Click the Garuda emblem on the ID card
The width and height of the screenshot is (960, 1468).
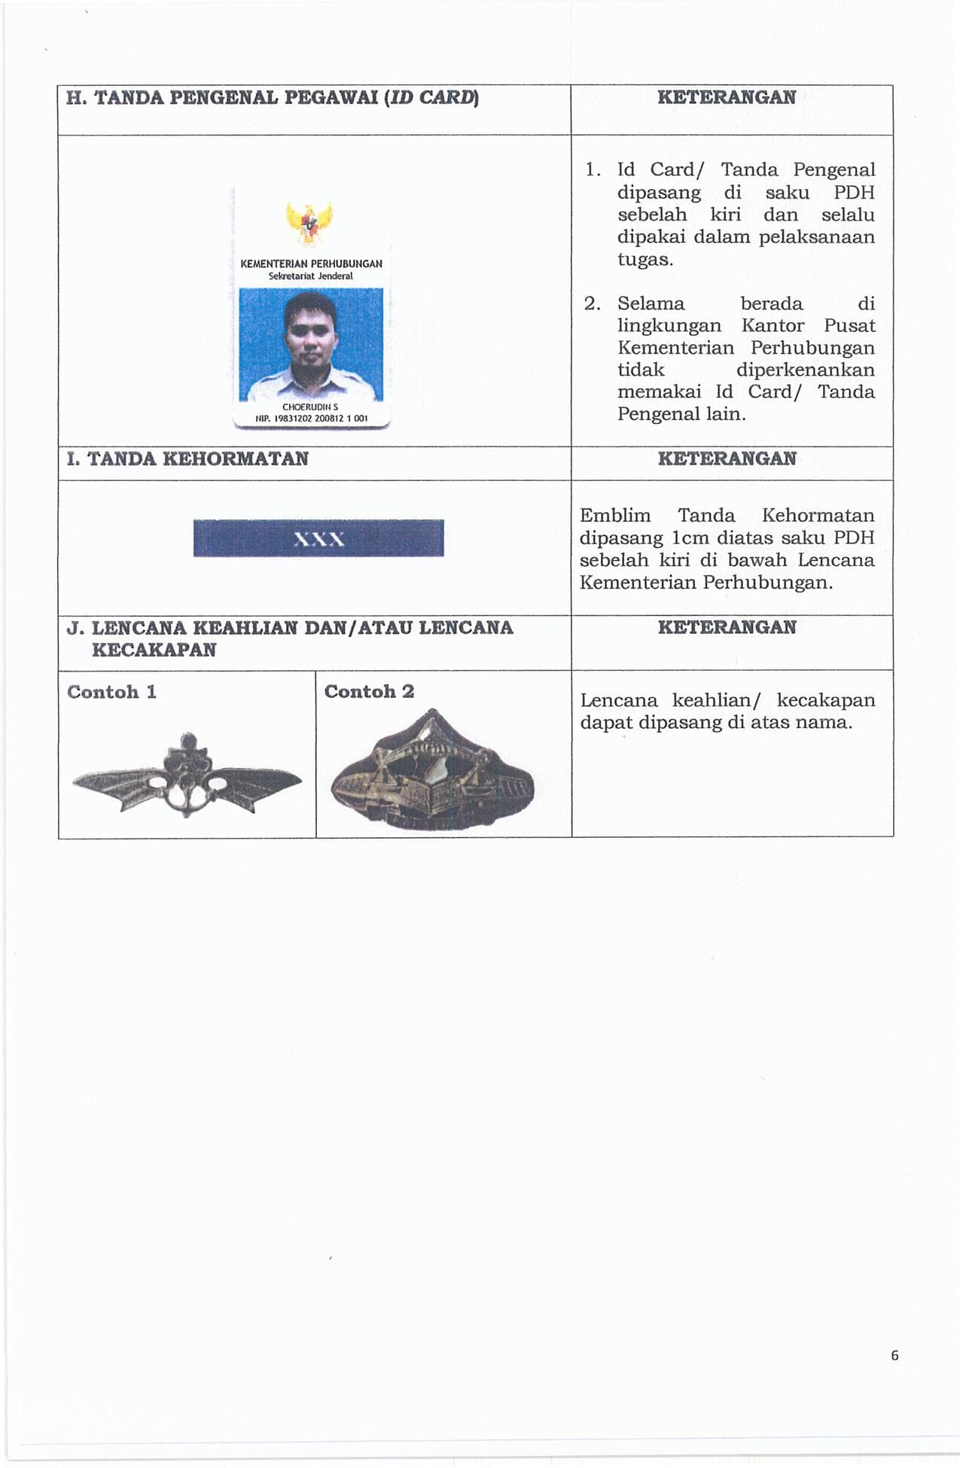pos(309,223)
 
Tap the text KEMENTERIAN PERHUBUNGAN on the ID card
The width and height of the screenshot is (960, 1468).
pos(311,264)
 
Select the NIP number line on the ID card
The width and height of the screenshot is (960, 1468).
pos(311,419)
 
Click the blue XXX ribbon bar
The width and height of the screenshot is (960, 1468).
pos(318,538)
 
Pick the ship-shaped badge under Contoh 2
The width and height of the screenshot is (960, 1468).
pos(432,775)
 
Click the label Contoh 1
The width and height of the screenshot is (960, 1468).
pos(111,693)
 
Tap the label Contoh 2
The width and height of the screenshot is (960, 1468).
pos(369,692)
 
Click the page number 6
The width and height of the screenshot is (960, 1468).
pos(894,1355)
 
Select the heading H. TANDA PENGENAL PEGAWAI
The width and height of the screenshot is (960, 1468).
pos(272,99)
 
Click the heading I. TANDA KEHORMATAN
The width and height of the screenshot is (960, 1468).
pos(187,459)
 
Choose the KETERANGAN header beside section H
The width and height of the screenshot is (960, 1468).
pos(726,98)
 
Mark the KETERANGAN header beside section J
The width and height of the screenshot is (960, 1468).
pos(726,628)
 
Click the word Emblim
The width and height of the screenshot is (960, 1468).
pos(615,516)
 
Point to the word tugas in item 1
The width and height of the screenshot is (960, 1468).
pos(645,260)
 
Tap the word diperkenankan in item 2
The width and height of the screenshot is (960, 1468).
pos(805,370)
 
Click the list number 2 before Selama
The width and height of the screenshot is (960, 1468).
pos(592,304)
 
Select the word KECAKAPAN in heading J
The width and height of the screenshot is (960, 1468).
pos(154,650)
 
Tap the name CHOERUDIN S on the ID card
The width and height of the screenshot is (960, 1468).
pos(310,407)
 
